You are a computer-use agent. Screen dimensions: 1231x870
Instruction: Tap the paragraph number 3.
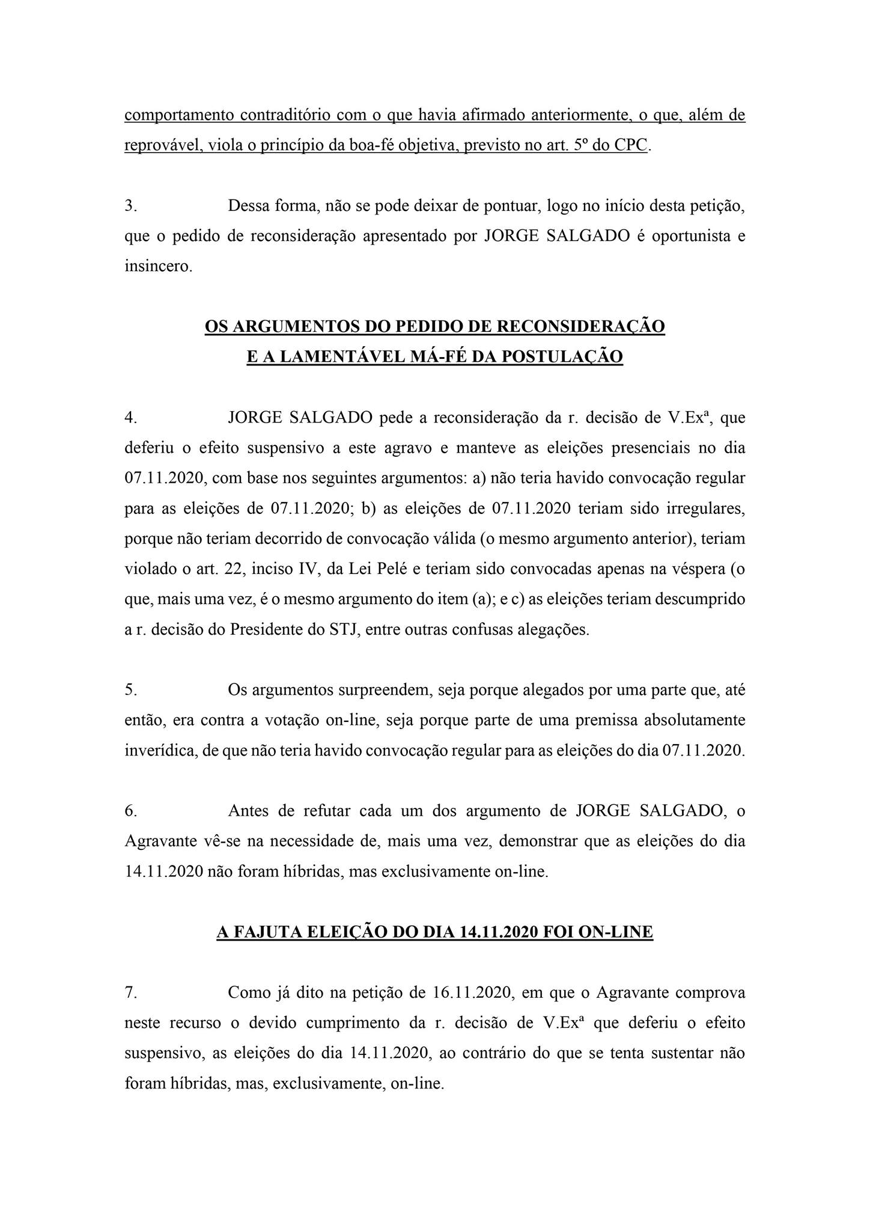[130, 206]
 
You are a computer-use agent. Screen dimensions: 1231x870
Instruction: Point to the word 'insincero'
[159, 266]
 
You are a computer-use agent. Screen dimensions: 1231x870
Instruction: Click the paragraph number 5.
[130, 690]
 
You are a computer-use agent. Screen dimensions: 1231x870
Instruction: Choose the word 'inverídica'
[158, 751]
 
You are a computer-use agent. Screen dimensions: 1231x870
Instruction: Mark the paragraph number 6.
[130, 811]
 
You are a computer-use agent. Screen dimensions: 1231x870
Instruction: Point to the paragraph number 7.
[130, 992]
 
